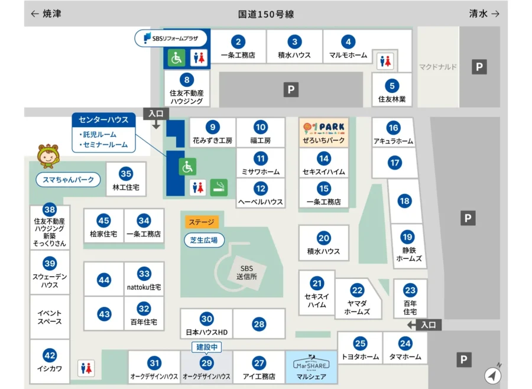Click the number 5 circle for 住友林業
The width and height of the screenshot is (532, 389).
(391, 86)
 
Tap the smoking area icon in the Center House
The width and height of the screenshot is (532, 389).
(219, 187)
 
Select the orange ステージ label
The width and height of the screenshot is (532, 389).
(202, 222)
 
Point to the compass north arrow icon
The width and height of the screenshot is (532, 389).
(492, 375)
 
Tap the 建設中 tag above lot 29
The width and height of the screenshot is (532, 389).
(206, 347)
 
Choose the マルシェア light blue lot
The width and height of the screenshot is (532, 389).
(311, 367)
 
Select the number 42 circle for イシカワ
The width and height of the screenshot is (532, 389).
(50, 355)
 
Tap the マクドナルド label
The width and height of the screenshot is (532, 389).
(438, 67)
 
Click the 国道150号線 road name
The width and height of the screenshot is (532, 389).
(266, 14)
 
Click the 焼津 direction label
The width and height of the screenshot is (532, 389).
(46, 14)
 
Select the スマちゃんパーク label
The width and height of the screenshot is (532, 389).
(69, 180)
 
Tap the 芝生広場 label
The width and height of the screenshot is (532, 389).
(204, 240)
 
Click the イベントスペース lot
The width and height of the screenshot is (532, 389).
(50, 317)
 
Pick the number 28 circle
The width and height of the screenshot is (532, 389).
(259, 324)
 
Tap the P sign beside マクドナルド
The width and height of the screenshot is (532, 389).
(479, 67)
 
